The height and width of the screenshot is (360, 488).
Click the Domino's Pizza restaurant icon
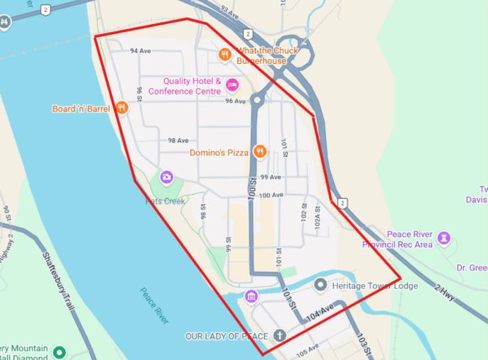point(260,151)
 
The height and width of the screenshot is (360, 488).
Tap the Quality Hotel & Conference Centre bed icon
point(232,86)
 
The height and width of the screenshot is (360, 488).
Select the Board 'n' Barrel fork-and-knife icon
point(122,108)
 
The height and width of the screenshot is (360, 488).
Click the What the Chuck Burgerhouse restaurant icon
point(225,53)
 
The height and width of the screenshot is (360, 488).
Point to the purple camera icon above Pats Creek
point(167,176)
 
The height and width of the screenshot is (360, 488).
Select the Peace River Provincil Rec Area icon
point(445,236)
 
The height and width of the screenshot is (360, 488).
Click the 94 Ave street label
point(140,51)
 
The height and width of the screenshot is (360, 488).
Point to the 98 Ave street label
point(178,141)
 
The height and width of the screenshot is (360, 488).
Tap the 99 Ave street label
point(270,177)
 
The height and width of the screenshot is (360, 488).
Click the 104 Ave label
point(320,312)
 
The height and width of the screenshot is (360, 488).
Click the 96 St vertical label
point(140,94)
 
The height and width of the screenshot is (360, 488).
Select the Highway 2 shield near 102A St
point(344,203)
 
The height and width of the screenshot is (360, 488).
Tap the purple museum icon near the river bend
point(250,296)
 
